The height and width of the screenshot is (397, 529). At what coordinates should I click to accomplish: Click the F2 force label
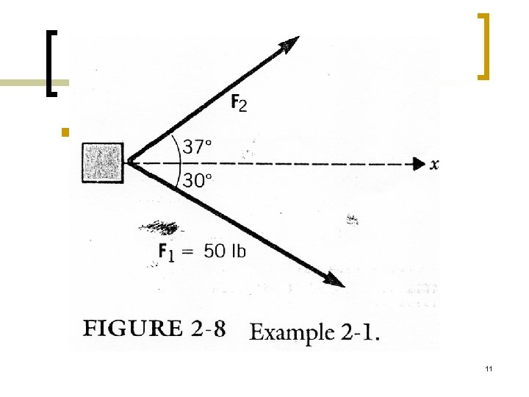pos(239,104)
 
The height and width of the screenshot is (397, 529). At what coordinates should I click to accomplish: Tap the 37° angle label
pos(197,146)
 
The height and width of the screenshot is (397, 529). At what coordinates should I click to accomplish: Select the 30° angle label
pos(197,181)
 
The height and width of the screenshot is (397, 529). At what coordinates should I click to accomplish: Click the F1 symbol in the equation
pos(168,251)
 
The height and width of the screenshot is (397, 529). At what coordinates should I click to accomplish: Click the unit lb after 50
pos(238,251)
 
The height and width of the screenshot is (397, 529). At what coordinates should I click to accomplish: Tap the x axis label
pos(435,164)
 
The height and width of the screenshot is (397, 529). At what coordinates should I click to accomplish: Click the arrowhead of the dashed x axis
pos(419,163)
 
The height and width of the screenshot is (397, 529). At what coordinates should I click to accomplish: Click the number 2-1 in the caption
pos(361,332)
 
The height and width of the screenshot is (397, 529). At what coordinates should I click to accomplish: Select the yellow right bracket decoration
pos(483,46)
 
